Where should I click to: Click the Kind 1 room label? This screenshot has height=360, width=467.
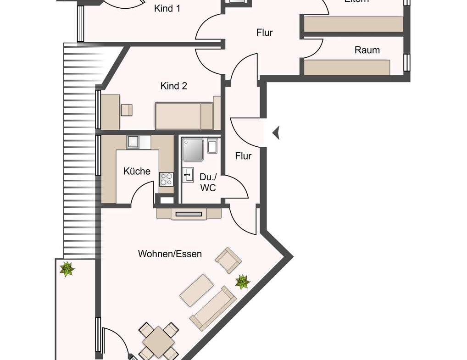(x=167, y=8)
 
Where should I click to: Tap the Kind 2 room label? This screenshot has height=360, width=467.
(x=173, y=86)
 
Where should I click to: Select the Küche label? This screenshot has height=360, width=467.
(x=137, y=171)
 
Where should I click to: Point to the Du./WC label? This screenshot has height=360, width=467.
(x=207, y=183)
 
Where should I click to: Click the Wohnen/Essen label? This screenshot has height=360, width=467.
(x=170, y=254)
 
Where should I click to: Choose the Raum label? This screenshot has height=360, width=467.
(x=367, y=50)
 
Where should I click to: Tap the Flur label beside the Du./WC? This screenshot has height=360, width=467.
(x=243, y=156)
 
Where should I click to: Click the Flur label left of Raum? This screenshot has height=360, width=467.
(x=264, y=33)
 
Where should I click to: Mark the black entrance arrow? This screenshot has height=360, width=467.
(x=276, y=133)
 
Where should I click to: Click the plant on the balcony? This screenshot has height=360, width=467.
(x=67, y=269)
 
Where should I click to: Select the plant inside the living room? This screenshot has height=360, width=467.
(x=242, y=282)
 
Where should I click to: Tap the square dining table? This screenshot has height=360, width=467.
(x=158, y=341)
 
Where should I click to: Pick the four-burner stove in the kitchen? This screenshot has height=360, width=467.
(x=166, y=179)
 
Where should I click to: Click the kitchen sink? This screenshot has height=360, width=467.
(x=133, y=142)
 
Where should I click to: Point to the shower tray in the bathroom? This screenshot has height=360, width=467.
(x=193, y=150)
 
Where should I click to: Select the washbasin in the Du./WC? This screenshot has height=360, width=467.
(x=188, y=175)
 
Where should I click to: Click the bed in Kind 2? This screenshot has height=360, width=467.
(x=184, y=116)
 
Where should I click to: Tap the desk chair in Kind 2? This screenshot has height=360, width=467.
(x=127, y=110)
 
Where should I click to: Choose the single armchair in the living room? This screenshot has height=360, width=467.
(x=228, y=260)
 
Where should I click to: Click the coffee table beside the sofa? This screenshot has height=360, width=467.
(x=196, y=290)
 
